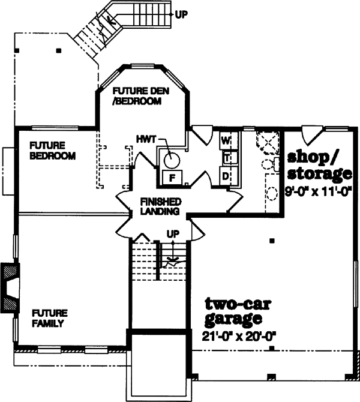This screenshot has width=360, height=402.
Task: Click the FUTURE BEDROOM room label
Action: [x=53, y=151]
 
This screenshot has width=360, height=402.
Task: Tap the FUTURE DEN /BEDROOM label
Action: [x=138, y=96]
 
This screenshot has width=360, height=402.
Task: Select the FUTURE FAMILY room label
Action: [x=50, y=318]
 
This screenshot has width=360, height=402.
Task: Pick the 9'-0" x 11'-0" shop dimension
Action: [x=318, y=193]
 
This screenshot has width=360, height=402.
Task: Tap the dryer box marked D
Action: [x=226, y=176]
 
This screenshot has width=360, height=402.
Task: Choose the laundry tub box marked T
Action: [x=227, y=158]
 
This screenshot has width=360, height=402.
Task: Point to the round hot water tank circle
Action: [x=172, y=160]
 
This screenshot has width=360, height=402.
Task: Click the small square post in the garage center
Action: [x=272, y=241]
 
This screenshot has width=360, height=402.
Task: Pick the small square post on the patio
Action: [x=58, y=50]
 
